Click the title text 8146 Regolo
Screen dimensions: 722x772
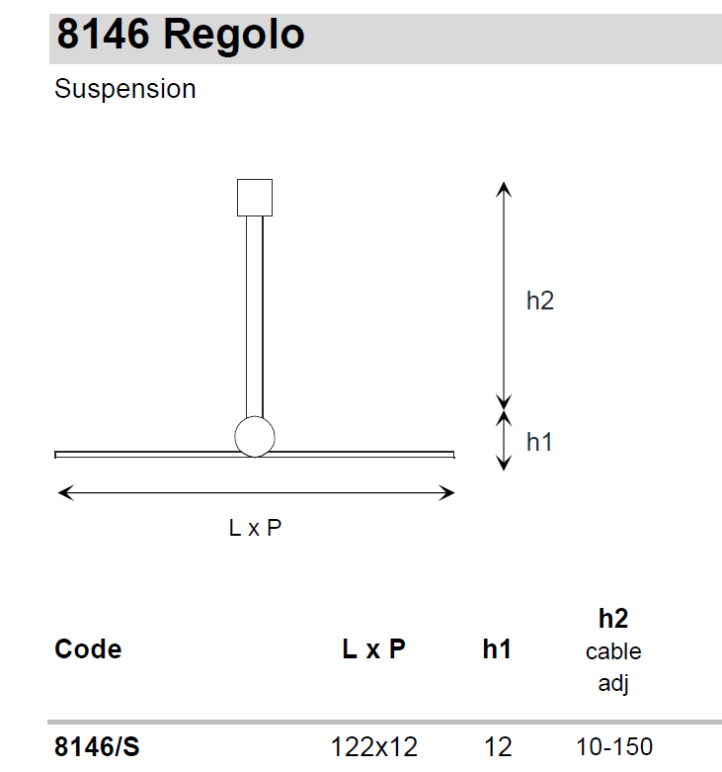[181, 36]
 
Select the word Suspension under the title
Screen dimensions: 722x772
[124, 89]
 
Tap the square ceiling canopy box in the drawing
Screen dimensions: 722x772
[255, 198]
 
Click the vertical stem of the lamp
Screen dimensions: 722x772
[255, 317]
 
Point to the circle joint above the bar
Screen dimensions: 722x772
[255, 437]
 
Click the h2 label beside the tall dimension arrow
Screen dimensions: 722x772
[540, 300]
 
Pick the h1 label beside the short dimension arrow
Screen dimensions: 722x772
[539, 442]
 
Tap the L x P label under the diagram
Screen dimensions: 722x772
[255, 528]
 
